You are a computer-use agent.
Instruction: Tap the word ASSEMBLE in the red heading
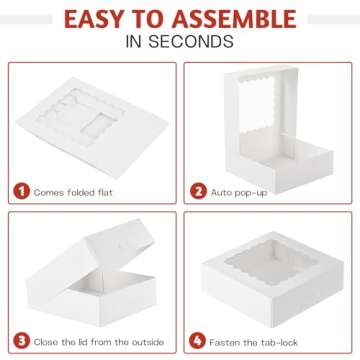234,19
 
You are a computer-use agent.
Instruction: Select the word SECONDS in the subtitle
191,42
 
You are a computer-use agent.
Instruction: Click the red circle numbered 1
22,192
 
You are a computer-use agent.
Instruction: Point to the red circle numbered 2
198,192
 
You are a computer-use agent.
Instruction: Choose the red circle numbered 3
22,341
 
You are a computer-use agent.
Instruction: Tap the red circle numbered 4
197,341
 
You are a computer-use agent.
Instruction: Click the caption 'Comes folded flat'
73,192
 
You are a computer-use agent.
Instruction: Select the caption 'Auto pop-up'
239,193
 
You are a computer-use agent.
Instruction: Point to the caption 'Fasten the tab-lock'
253,342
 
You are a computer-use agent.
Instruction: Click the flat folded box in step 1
92,127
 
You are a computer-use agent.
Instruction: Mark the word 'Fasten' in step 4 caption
224,342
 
